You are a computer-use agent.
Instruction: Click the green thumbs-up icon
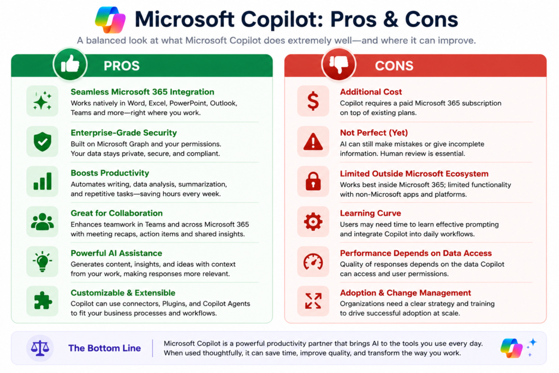[x=70, y=64]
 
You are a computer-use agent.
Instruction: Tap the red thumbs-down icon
[x=338, y=64]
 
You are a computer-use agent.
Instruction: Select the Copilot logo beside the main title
[x=110, y=20]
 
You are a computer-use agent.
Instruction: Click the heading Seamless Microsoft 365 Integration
[x=142, y=92]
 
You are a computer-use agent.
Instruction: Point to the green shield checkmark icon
[x=43, y=141]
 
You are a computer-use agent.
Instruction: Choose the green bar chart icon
[x=43, y=181]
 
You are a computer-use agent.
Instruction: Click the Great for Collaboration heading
[x=117, y=213]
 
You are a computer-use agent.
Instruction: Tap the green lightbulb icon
[x=43, y=262]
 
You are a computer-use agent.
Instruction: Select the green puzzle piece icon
[x=43, y=301]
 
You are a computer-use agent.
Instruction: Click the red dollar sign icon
[x=313, y=101]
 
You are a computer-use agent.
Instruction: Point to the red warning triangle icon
[x=313, y=141]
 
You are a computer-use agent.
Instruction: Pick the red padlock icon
[x=313, y=181]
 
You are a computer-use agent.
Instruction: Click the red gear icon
[x=313, y=222]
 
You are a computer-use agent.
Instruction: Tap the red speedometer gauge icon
[x=313, y=262]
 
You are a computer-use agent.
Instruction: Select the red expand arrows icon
[x=313, y=301]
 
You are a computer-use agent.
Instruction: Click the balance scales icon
[x=40, y=348]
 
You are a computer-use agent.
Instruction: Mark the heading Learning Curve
[x=371, y=213]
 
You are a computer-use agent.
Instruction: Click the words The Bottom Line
[x=104, y=348]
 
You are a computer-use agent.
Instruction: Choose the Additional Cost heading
[x=371, y=92]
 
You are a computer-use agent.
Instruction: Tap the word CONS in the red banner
[x=394, y=66]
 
